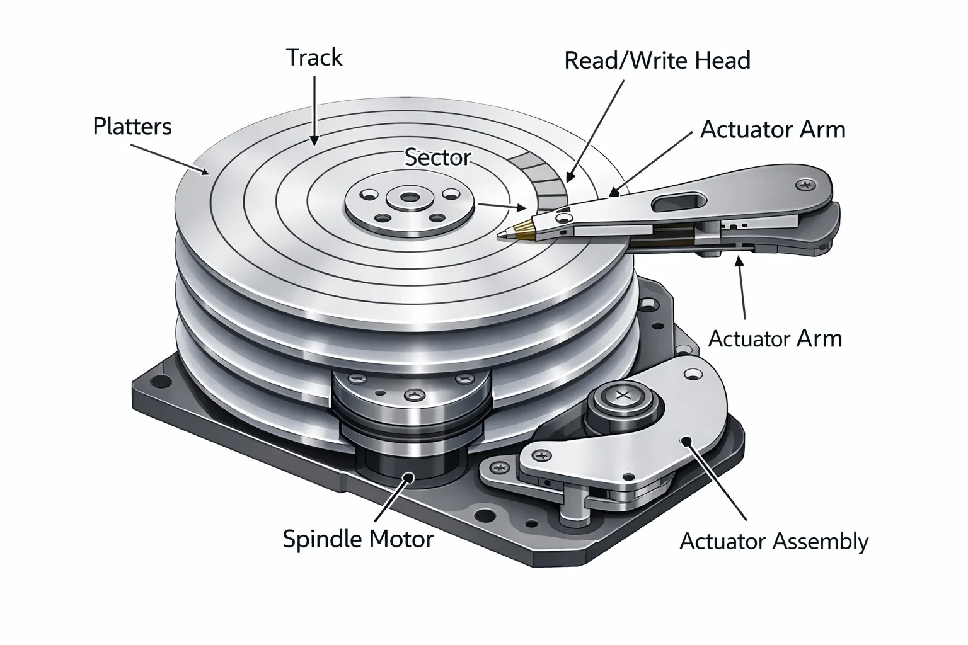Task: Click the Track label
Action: [314, 57]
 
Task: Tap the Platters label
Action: [132, 127]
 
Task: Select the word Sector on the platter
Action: [437, 157]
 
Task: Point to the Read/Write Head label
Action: [657, 60]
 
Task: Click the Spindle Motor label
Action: [358, 539]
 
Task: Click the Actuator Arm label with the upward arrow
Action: [775, 339]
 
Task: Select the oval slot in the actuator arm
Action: [681, 202]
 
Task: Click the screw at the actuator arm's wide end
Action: [805, 186]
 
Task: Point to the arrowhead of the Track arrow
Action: [314, 140]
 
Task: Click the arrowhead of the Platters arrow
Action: [204, 171]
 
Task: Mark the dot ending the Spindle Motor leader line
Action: [408, 477]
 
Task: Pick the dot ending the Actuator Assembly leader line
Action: [686, 441]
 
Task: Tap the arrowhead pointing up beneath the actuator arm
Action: [739, 261]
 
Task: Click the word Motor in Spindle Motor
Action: [401, 539]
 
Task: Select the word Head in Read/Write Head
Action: [723, 60]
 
